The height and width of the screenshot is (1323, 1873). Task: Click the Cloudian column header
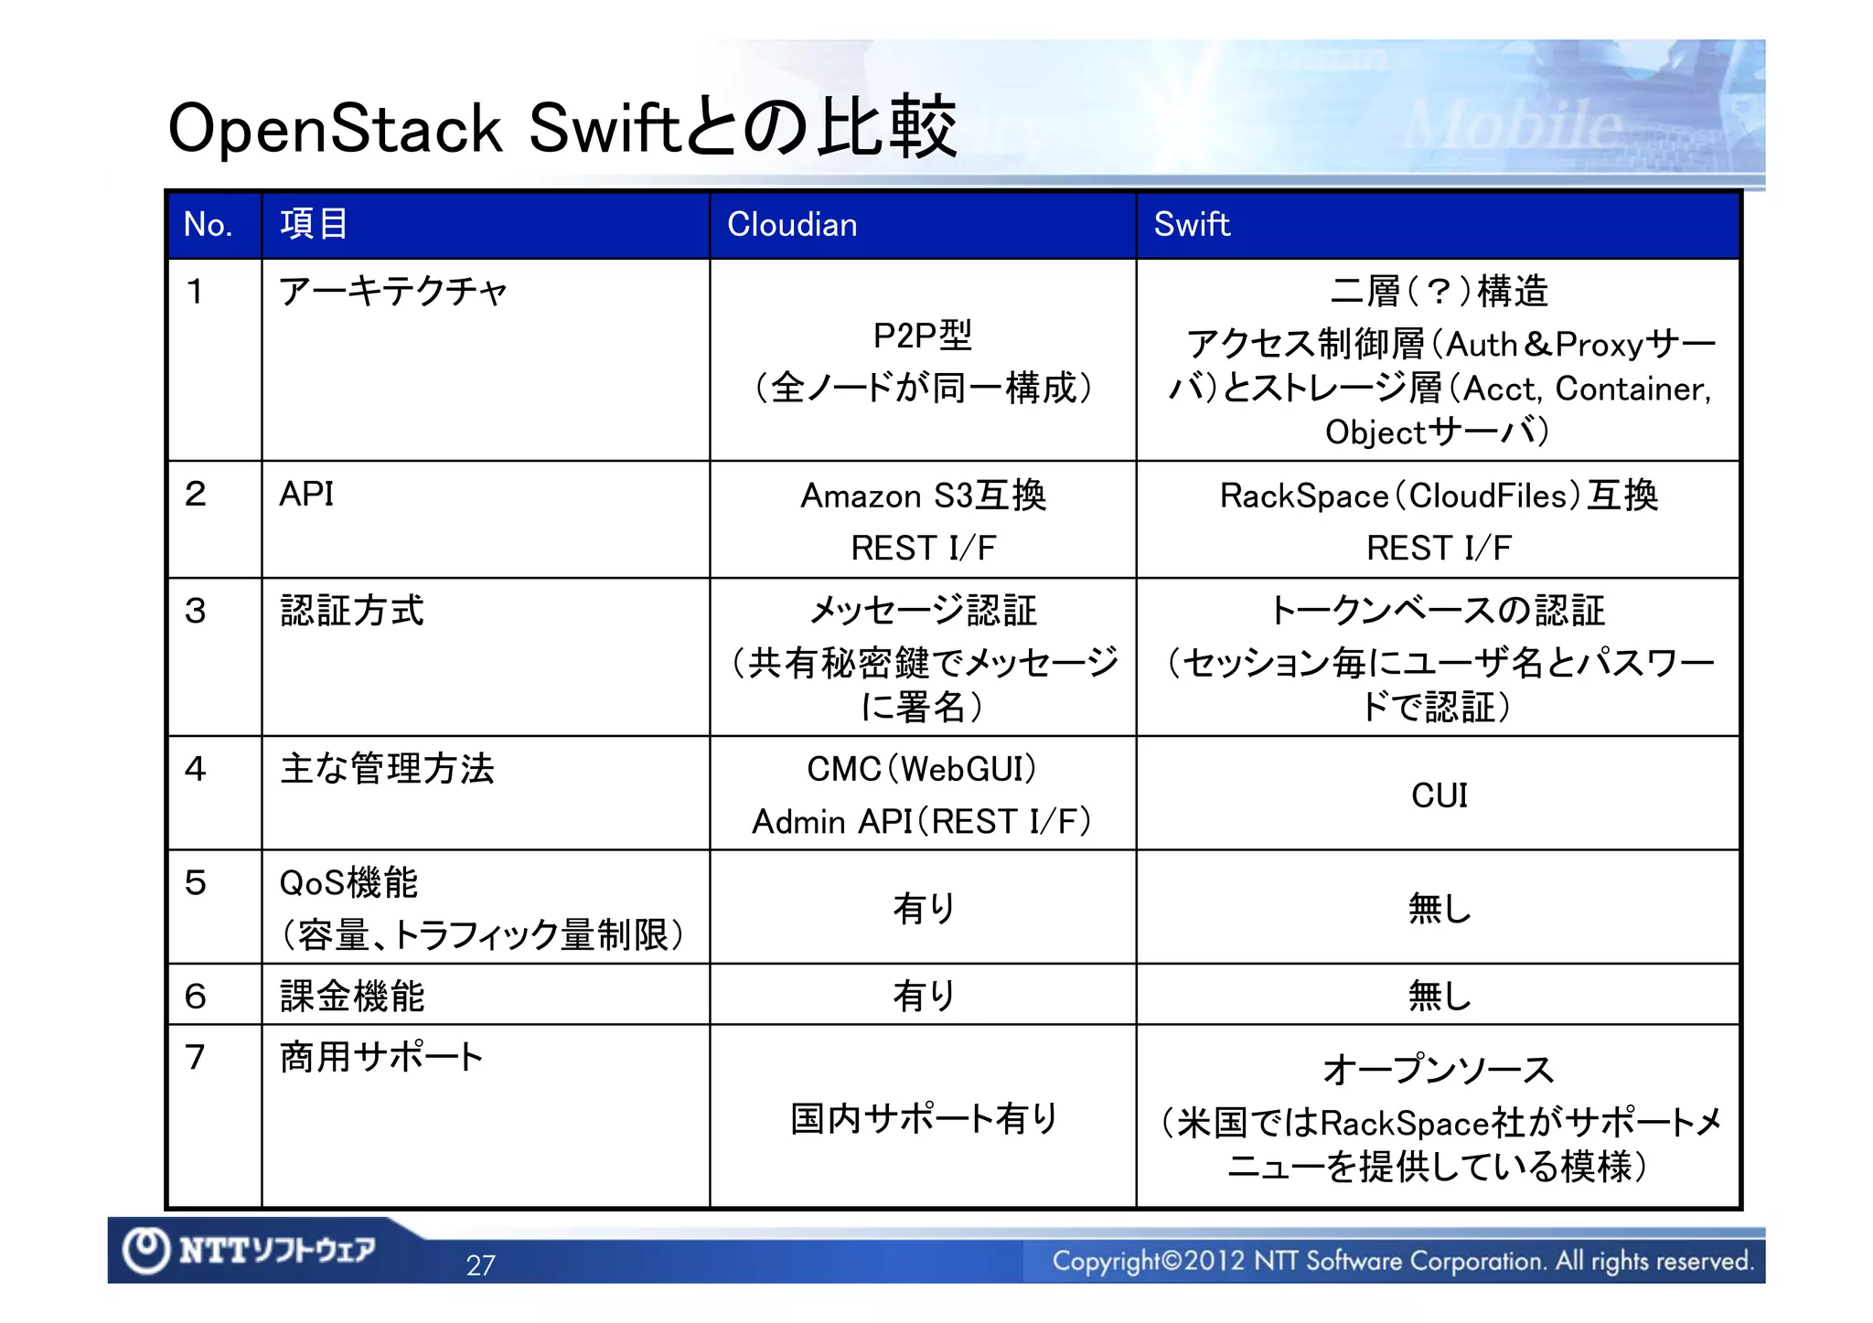792,225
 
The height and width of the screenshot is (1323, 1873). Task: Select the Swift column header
1191,225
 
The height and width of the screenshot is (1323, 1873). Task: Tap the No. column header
208,225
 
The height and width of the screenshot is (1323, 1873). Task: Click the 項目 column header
314,225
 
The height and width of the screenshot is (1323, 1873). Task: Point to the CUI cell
1439,795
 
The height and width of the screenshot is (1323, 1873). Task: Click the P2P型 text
922,336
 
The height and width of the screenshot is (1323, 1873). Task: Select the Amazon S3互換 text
923,496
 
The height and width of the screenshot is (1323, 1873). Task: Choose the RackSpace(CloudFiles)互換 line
1439,496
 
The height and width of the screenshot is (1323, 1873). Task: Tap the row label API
306,495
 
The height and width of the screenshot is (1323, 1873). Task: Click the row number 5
196,883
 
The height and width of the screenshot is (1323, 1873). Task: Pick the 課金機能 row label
352,996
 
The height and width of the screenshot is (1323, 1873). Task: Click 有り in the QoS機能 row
924,909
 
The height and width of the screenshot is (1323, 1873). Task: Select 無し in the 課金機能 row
1439,996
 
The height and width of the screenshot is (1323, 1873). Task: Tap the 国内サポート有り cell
924,1118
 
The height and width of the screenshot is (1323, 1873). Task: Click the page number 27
480,1265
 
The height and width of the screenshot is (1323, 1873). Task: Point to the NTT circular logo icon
145,1250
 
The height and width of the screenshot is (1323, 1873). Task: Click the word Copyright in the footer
1106,1262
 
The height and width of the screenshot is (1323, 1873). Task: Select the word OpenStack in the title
335,129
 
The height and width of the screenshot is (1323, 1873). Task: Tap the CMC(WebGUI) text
922,769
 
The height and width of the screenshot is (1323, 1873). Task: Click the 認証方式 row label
352,611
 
